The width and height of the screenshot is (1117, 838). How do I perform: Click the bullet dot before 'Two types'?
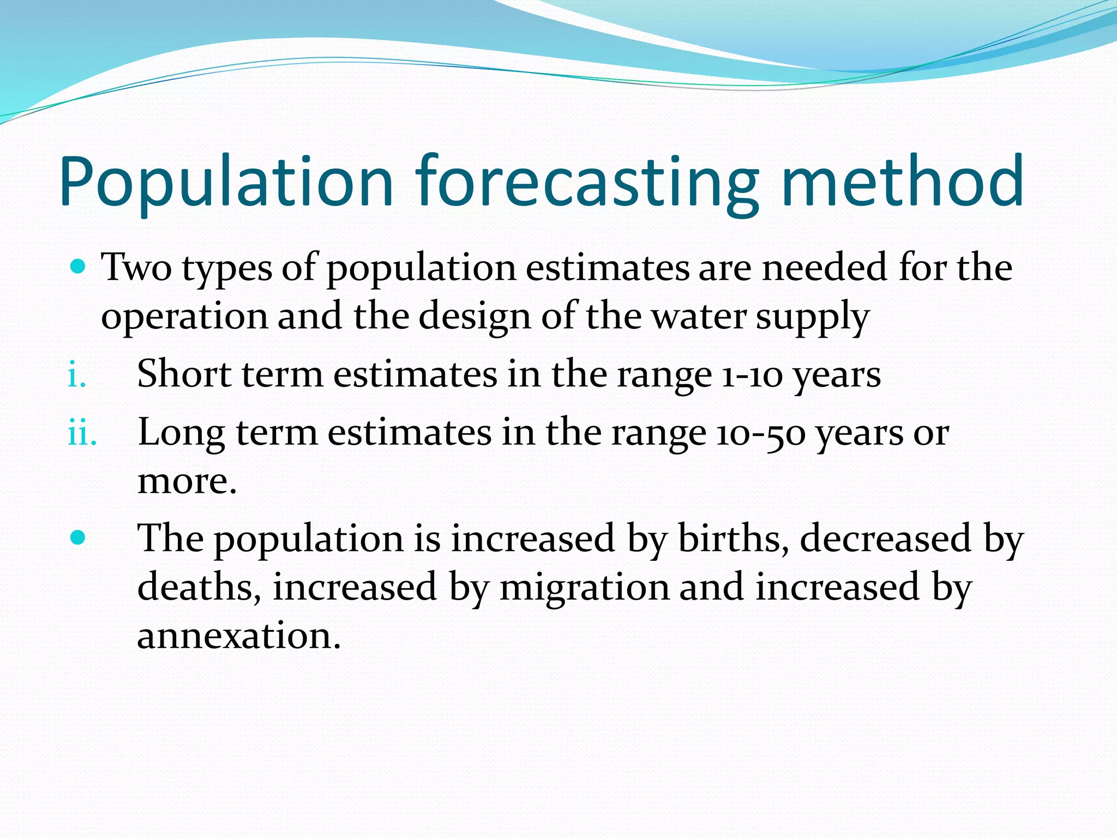(79, 267)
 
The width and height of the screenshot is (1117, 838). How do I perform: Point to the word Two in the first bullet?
(137, 268)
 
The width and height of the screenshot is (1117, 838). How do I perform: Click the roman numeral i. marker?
(77, 376)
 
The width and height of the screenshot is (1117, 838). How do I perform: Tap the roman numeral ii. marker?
(82, 434)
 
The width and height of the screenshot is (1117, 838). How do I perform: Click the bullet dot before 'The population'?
(79, 538)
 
